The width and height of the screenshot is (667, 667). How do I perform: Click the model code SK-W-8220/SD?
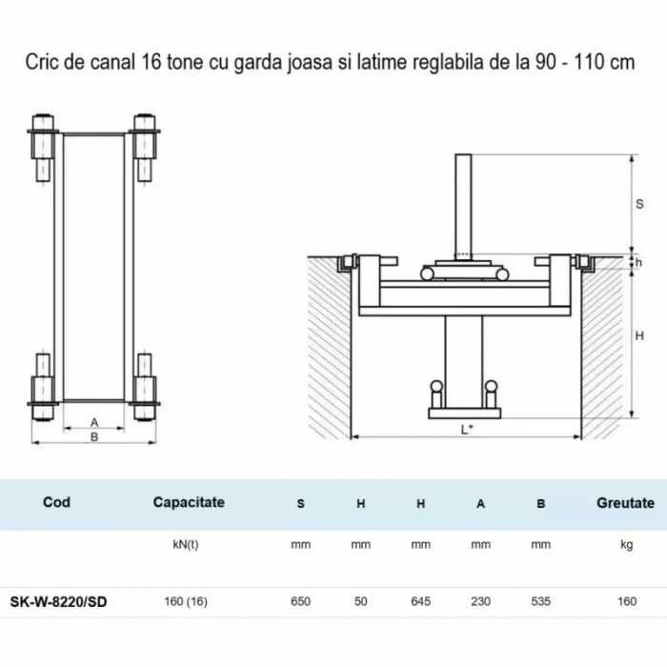[58, 602]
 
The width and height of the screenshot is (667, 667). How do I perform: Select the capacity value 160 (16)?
[186, 602]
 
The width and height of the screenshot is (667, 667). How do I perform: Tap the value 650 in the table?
[300, 601]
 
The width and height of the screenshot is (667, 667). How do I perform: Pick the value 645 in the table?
[421, 601]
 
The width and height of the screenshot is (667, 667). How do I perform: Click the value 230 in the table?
[480, 601]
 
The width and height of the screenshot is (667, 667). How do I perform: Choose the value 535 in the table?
[540, 601]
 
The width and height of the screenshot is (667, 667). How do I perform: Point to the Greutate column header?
[625, 503]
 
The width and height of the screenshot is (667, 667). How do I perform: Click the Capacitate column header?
[189, 502]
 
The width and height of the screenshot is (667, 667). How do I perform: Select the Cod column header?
[56, 502]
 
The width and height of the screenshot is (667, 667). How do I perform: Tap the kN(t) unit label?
[186, 545]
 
